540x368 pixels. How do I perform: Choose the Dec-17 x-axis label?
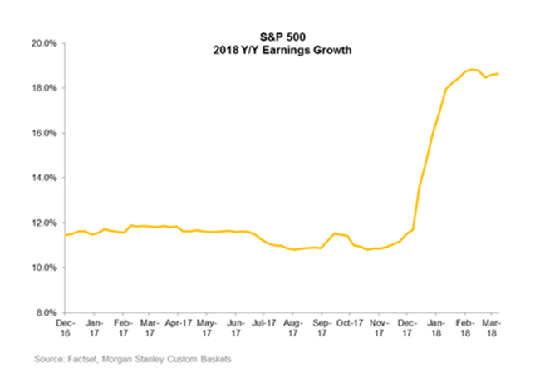point(408,328)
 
